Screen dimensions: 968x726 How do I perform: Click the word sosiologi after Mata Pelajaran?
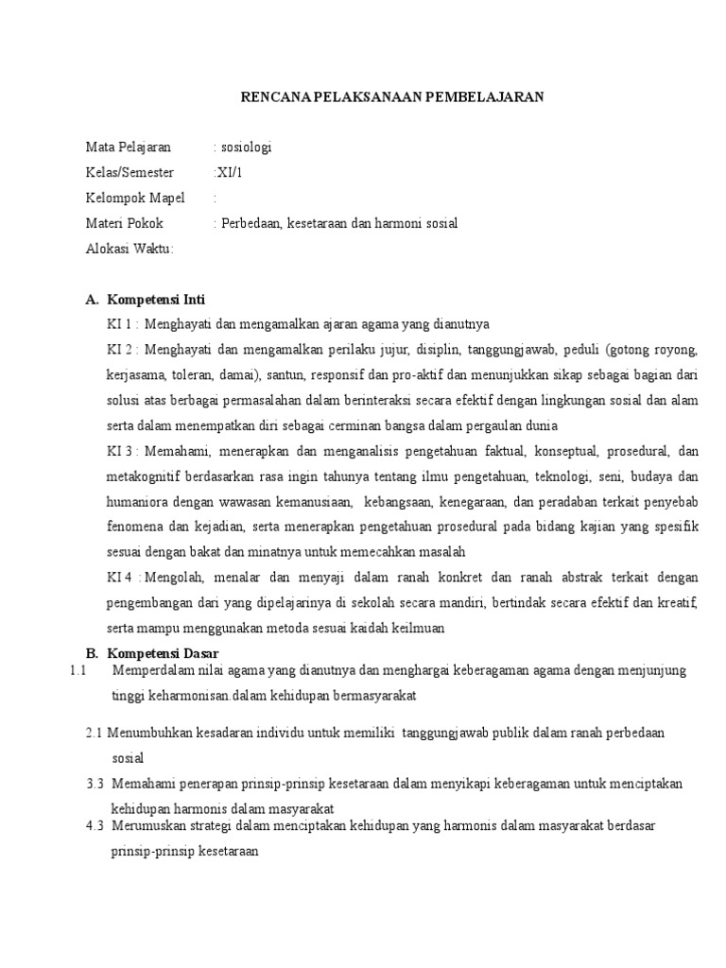pyautogui.click(x=248, y=147)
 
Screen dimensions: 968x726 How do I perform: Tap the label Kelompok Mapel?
pyautogui.click(x=136, y=199)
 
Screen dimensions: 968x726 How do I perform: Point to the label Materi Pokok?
pyautogui.click(x=125, y=224)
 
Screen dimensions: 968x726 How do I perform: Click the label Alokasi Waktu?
pyautogui.click(x=130, y=250)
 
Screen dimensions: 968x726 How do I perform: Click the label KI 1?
pyautogui.click(x=122, y=324)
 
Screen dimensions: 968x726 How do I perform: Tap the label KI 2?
pyautogui.click(x=122, y=349)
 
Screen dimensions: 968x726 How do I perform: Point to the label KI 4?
pyautogui.click(x=122, y=578)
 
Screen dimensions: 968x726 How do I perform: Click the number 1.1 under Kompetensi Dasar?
pyautogui.click(x=78, y=671)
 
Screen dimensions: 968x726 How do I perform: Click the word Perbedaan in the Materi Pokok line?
pyautogui.click(x=249, y=224)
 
